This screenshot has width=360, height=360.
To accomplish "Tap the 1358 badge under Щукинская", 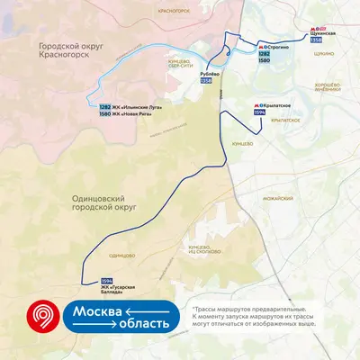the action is point(316,40).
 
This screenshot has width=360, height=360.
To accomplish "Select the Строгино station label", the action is point(274,47).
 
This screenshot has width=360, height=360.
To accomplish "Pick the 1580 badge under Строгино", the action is point(264,62).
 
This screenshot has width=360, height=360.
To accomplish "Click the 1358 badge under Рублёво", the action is point(206,82).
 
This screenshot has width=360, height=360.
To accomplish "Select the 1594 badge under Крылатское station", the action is point(260,112).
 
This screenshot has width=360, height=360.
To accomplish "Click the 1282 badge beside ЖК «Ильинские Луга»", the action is point(106,107).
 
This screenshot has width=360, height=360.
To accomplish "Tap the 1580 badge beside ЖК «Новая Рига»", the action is point(106,114).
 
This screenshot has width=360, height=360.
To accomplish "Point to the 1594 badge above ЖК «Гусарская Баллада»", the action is point(107,280).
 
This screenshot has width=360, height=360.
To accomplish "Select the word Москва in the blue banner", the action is point(97,311).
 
